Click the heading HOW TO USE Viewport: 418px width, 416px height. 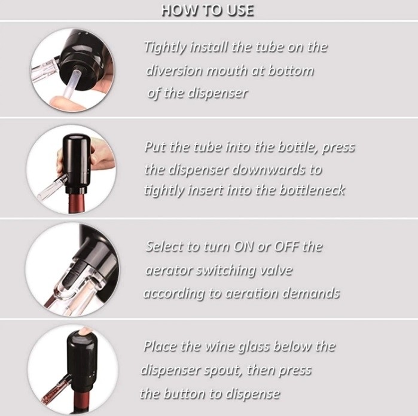208,11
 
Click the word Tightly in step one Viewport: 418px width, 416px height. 164,47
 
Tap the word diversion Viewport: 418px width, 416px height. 174,71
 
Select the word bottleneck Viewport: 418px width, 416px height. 312,190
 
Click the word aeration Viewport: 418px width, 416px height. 251,293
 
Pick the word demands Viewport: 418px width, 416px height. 311,293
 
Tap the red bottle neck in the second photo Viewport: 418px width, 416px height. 76,203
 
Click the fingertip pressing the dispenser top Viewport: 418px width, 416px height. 85,331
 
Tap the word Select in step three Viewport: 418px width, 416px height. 164,246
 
